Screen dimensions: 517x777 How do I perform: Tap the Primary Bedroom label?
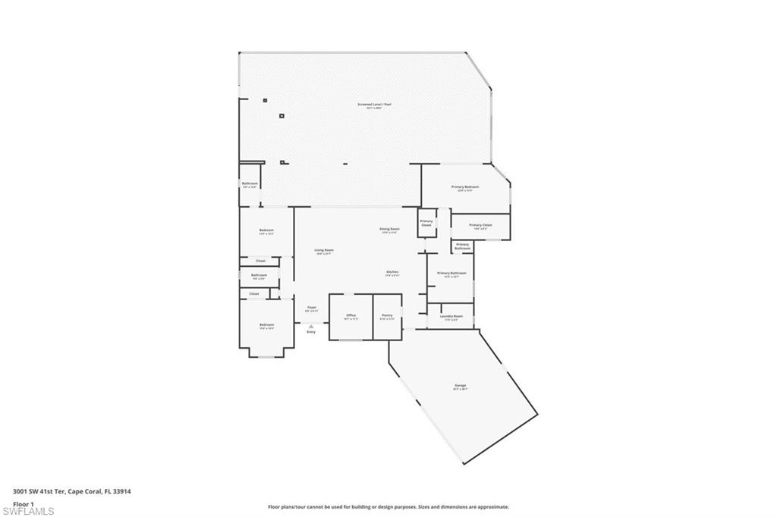465,186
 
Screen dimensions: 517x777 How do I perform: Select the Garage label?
460,386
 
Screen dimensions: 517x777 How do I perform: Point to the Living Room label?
325,250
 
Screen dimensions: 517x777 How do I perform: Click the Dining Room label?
389,229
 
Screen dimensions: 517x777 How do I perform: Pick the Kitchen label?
392,271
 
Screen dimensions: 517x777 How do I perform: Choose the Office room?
351,316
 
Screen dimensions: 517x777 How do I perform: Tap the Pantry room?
387,316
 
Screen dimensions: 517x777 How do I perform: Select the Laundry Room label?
451,316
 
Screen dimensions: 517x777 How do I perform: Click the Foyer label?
311,308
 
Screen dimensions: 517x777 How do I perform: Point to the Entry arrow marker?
311,326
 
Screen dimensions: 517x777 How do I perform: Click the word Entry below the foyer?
311,332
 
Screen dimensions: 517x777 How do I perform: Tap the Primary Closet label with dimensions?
480,225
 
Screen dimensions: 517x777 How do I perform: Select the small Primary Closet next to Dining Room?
426,223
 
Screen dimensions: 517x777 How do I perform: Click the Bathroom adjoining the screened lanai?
250,184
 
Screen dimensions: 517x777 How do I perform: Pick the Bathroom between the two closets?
259,276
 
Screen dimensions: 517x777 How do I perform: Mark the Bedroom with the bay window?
266,326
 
